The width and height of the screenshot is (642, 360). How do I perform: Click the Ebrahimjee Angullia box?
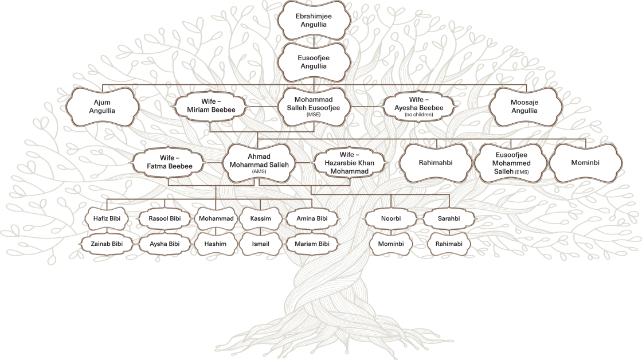[x=314, y=21]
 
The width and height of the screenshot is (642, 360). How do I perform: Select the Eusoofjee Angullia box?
[x=314, y=62]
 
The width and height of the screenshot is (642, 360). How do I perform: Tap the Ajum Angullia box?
[x=102, y=107]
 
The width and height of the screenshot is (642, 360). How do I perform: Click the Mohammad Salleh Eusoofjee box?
[x=314, y=106]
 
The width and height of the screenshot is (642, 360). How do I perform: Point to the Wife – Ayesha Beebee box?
[x=418, y=105]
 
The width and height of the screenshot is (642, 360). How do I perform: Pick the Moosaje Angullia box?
[x=524, y=107]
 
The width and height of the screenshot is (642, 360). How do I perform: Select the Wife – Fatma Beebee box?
[x=168, y=162]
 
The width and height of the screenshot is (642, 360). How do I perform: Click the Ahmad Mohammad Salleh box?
[x=259, y=163]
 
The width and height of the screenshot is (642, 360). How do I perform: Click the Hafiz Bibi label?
[x=107, y=219]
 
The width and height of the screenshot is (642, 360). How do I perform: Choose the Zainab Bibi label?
[x=107, y=244]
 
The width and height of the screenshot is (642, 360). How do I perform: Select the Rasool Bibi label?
[x=165, y=219]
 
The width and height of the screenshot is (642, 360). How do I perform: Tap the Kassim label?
[x=260, y=219]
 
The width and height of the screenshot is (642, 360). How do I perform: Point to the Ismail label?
[x=260, y=244]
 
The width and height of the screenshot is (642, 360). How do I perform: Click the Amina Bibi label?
[x=312, y=219]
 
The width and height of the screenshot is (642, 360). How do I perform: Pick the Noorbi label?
[x=391, y=219]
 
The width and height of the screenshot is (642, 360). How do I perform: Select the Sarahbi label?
[x=449, y=219]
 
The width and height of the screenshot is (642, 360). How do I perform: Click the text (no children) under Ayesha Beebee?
[x=418, y=115]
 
